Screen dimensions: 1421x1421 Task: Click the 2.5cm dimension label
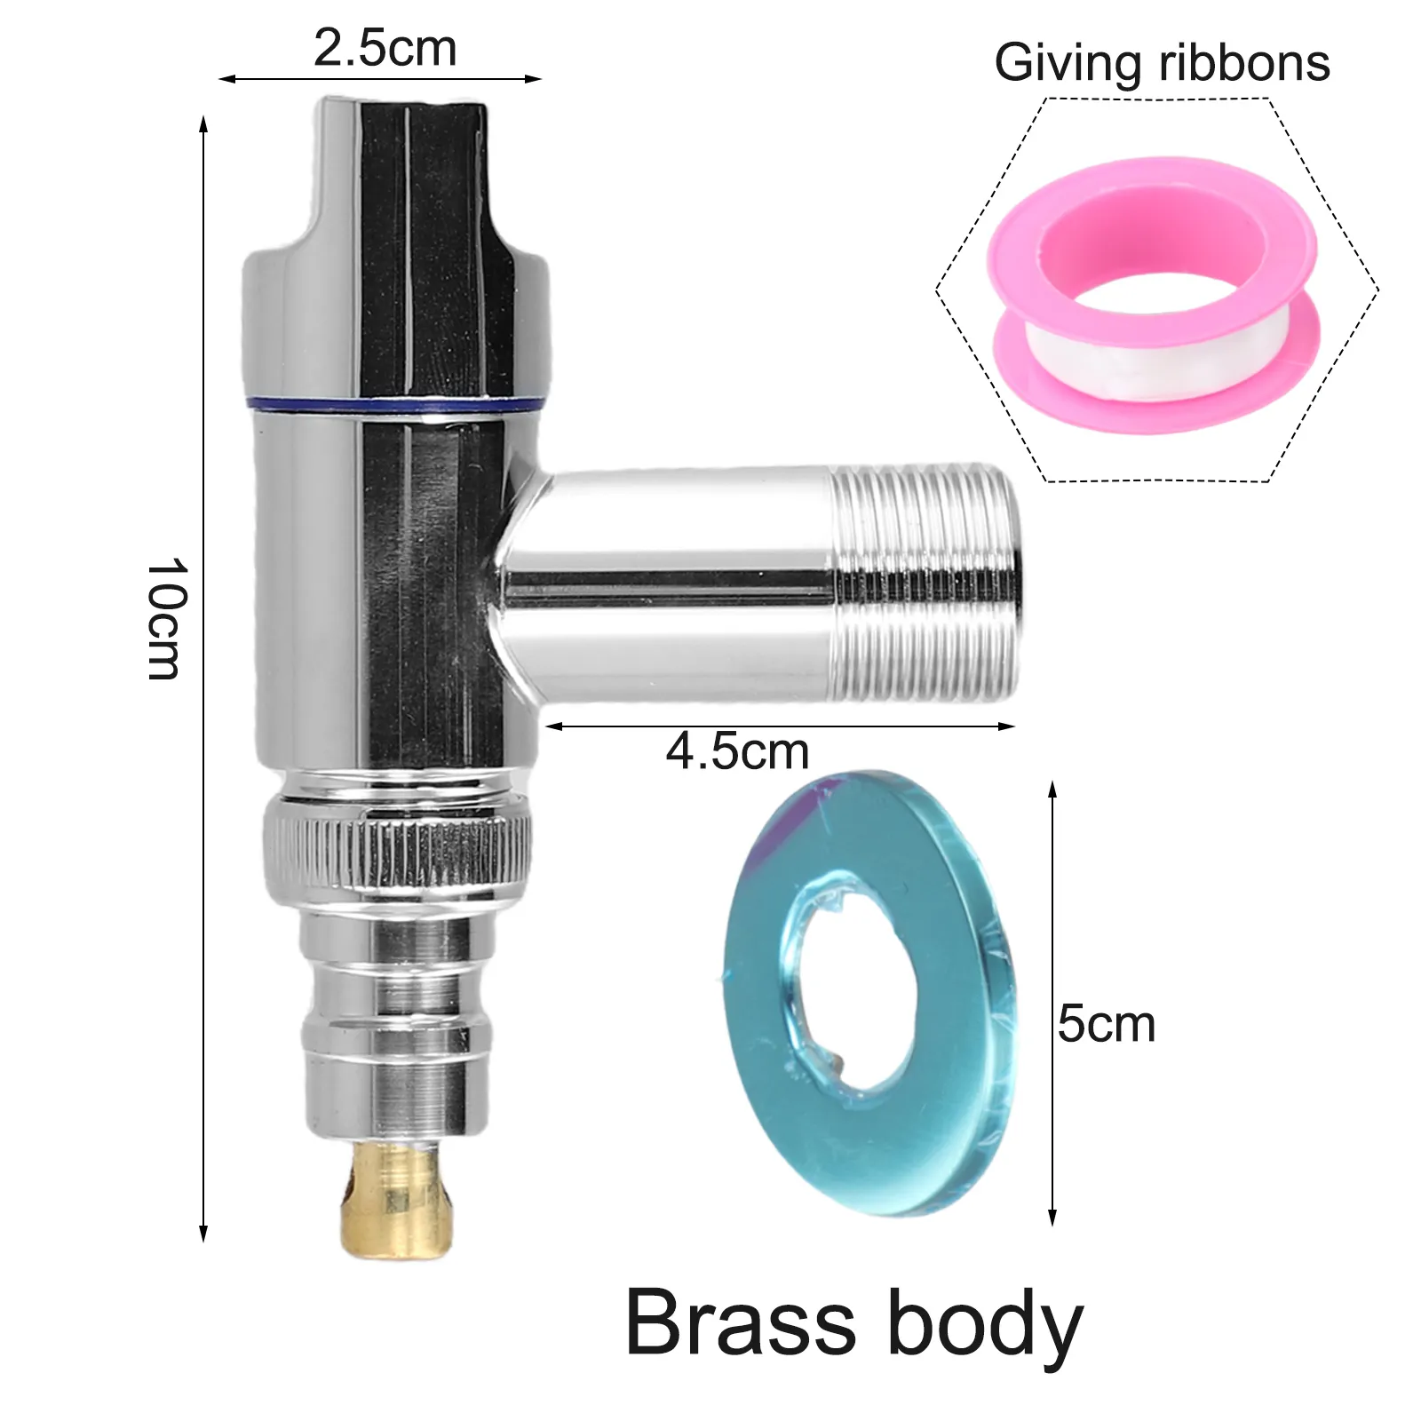pyautogui.click(x=385, y=48)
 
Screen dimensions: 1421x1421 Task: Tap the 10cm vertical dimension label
pyautogui.click(x=165, y=618)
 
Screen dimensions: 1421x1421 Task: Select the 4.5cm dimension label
pyautogui.click(x=737, y=752)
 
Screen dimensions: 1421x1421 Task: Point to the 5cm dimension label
pyautogui.click(x=1107, y=1024)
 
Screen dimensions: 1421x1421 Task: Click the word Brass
pyautogui.click(x=742, y=1322)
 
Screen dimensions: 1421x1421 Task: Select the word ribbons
pyautogui.click(x=1244, y=63)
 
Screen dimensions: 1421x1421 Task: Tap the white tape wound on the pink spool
pyautogui.click(x=1155, y=346)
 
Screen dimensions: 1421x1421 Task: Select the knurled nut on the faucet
pyautogui.click(x=397, y=853)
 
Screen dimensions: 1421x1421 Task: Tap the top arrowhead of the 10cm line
pyautogui.click(x=203, y=124)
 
